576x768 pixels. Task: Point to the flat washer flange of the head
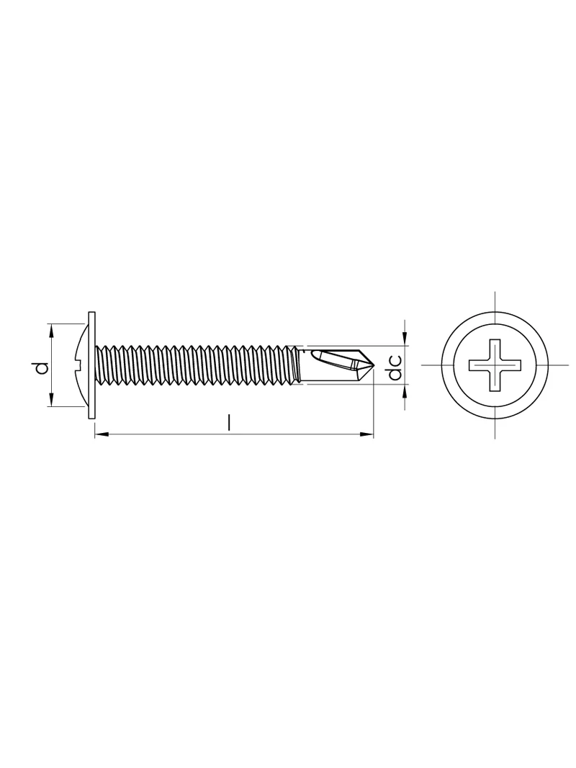coord(90,365)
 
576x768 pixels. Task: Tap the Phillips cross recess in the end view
coord(495,365)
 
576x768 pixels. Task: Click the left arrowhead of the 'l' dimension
coord(101,434)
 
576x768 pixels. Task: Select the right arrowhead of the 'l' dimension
coord(366,434)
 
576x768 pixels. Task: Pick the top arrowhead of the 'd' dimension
coord(51,331)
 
